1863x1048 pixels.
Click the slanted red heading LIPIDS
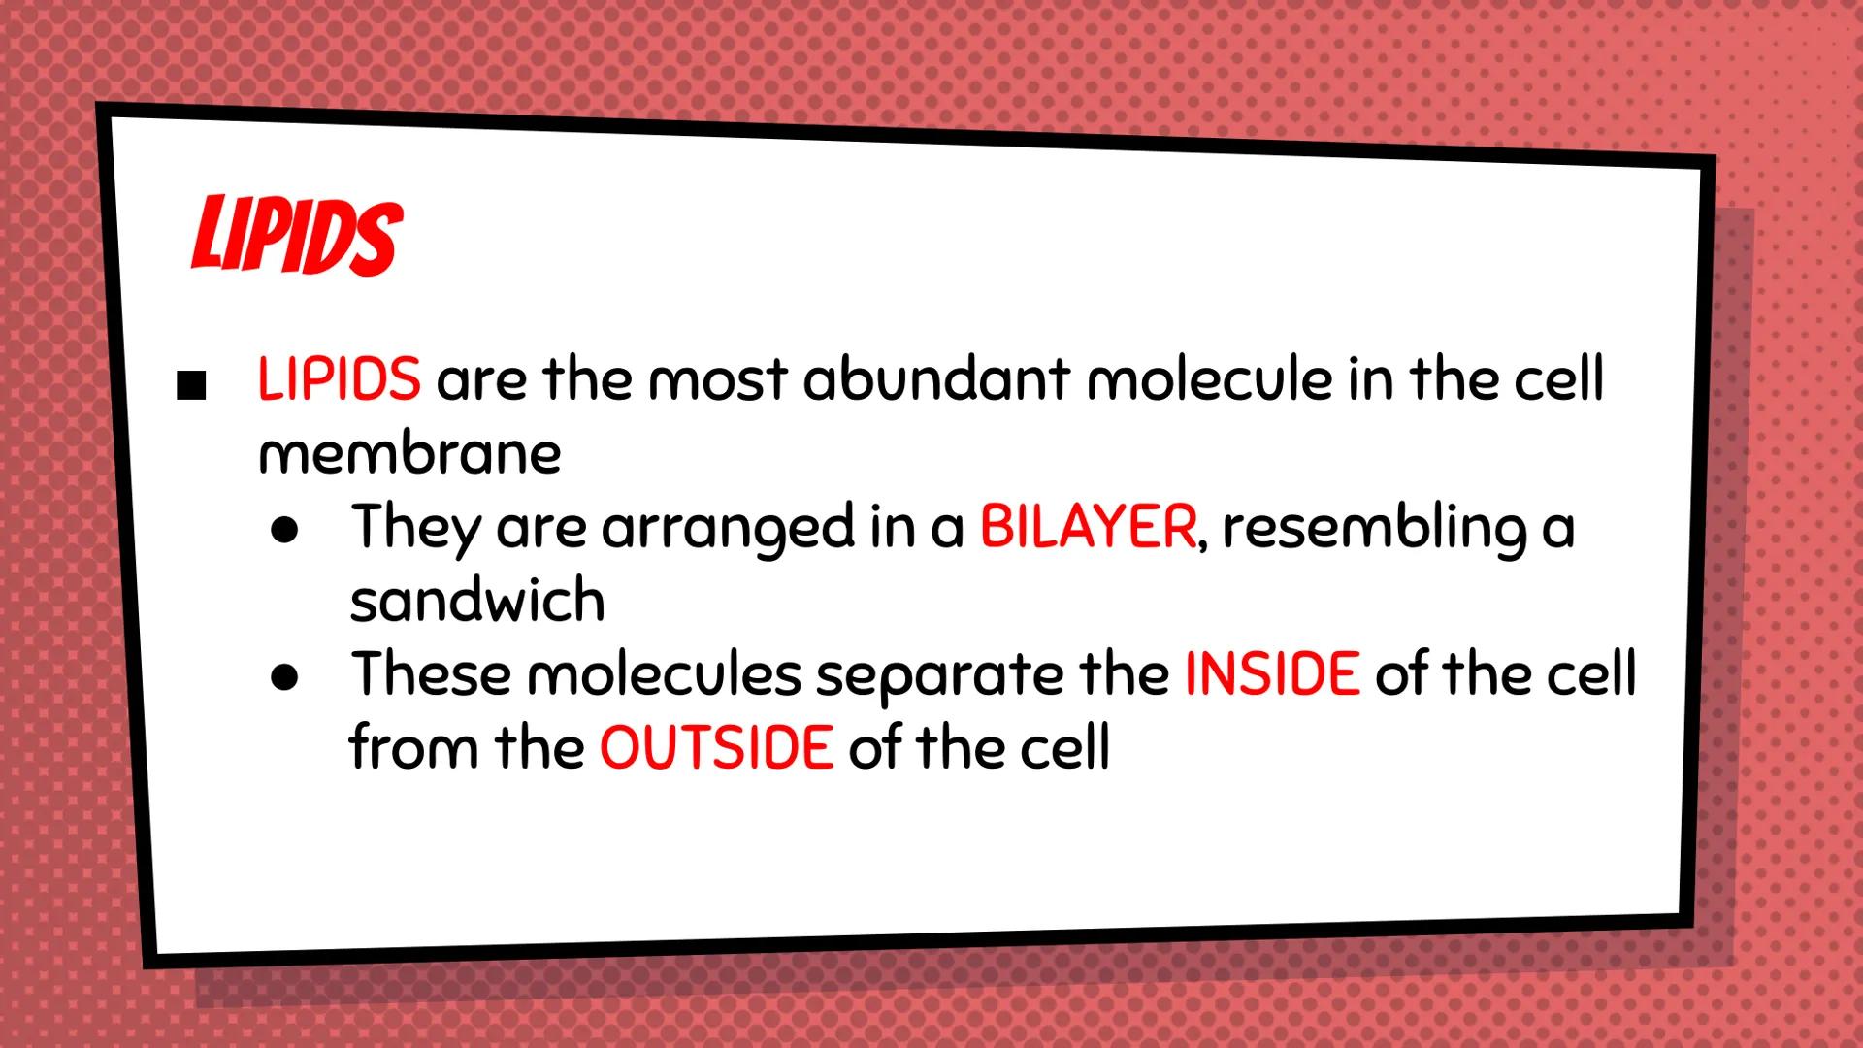coord(296,237)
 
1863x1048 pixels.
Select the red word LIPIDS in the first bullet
coord(339,378)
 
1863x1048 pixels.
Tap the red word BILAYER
coord(1088,527)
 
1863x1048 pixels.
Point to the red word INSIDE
coord(1271,674)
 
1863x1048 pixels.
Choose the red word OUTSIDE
coord(716,748)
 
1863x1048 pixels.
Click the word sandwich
coord(477,601)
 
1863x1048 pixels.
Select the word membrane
coord(409,453)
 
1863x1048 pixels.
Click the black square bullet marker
coord(192,385)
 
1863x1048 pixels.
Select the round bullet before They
coord(284,532)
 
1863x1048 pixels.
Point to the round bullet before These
coord(284,678)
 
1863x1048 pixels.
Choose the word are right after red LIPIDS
coord(481,380)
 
